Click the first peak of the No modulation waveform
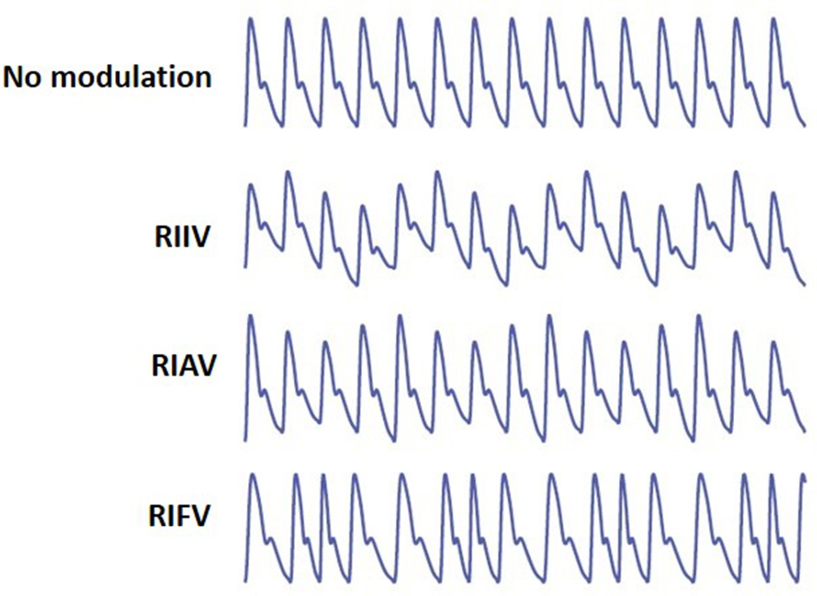[x=251, y=19]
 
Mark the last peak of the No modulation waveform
[x=774, y=19]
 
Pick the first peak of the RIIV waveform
[x=251, y=185]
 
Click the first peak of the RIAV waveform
[x=251, y=316]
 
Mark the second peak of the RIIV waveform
[x=288, y=172]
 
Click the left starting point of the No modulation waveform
[x=245, y=125]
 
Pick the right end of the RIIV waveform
[x=804, y=282]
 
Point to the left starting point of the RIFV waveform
[x=245, y=577]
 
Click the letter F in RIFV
[x=188, y=518]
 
